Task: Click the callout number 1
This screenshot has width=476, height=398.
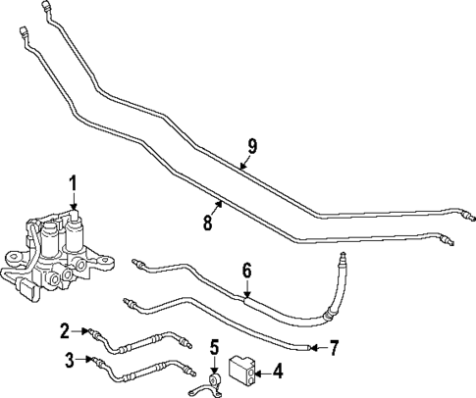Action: (72, 183)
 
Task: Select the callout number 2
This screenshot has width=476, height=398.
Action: (65, 329)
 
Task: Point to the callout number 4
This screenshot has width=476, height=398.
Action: (279, 371)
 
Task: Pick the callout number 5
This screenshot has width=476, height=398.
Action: (214, 347)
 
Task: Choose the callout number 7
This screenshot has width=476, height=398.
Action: (335, 347)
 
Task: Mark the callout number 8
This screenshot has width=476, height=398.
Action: (207, 223)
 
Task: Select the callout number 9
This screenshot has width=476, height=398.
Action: (252, 146)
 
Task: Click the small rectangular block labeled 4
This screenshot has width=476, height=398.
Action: (240, 370)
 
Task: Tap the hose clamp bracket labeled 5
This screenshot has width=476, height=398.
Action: (214, 381)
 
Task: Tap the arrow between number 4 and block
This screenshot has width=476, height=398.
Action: (262, 371)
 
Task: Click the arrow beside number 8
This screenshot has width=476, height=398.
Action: (220, 208)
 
